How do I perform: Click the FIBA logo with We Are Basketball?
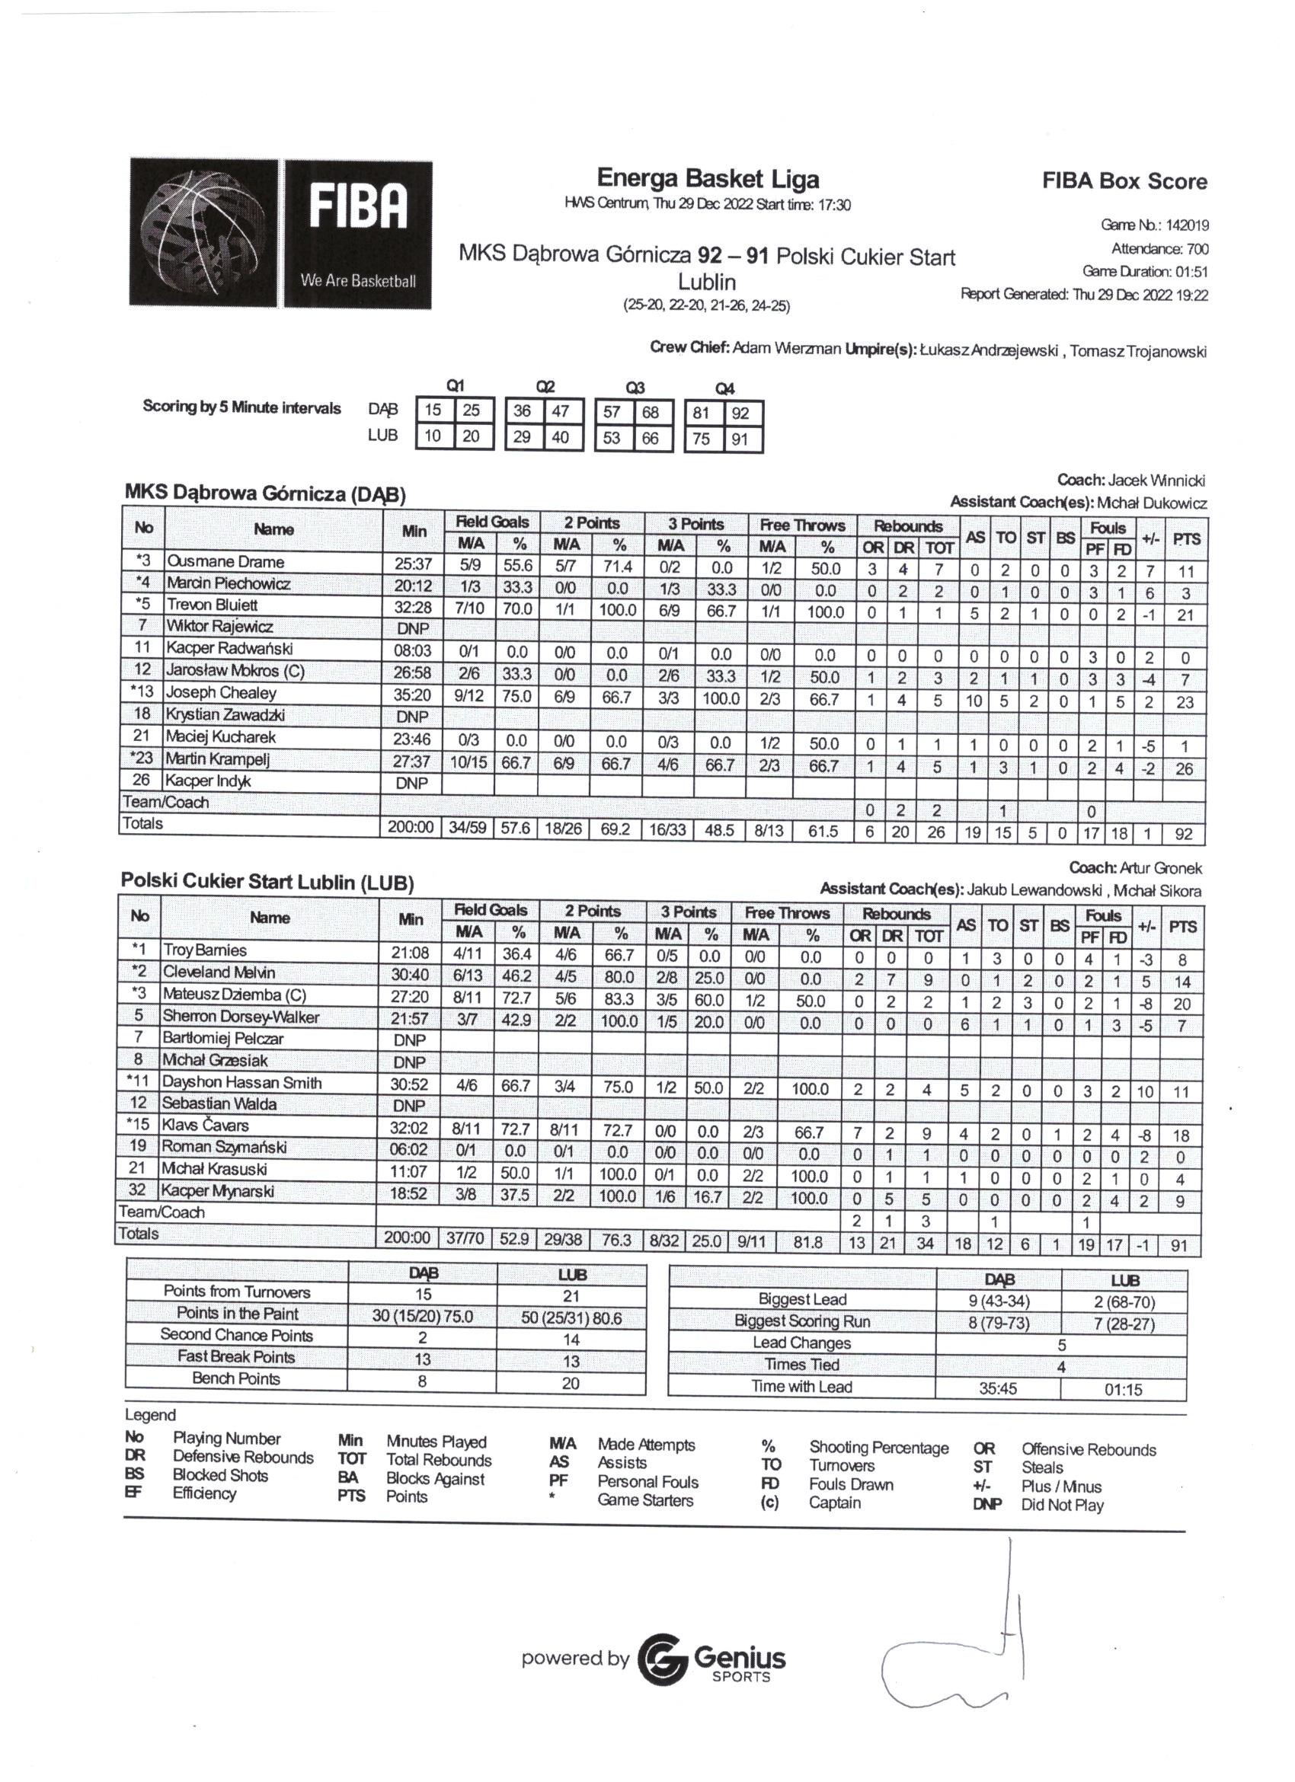pyautogui.click(x=280, y=232)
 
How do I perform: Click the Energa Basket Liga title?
pyautogui.click(x=707, y=179)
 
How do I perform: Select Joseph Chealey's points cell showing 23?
pyautogui.click(x=1185, y=701)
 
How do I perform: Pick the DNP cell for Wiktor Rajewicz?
pyautogui.click(x=412, y=628)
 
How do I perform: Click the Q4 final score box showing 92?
pyautogui.click(x=740, y=414)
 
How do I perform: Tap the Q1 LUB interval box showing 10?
pyautogui.click(x=433, y=436)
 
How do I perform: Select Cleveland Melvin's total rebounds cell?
pyautogui.click(x=928, y=980)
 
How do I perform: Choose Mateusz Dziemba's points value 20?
pyautogui.click(x=1181, y=1004)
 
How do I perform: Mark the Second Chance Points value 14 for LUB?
pyautogui.click(x=571, y=1339)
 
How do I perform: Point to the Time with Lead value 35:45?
pyautogui.click(x=998, y=1388)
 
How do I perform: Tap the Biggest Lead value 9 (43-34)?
pyautogui.click(x=999, y=1301)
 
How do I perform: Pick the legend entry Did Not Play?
pyautogui.click(x=1062, y=1505)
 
